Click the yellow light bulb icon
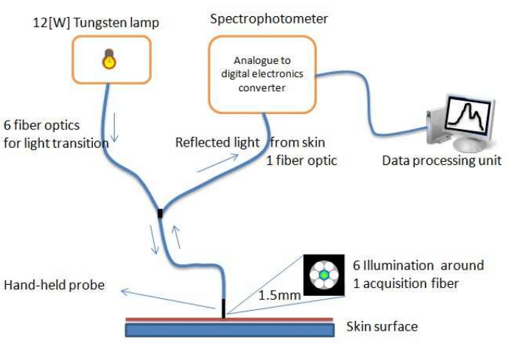coord(109,59)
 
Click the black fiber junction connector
coord(160,214)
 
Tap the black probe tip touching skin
coord(224,309)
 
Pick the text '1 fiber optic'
coord(301,160)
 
